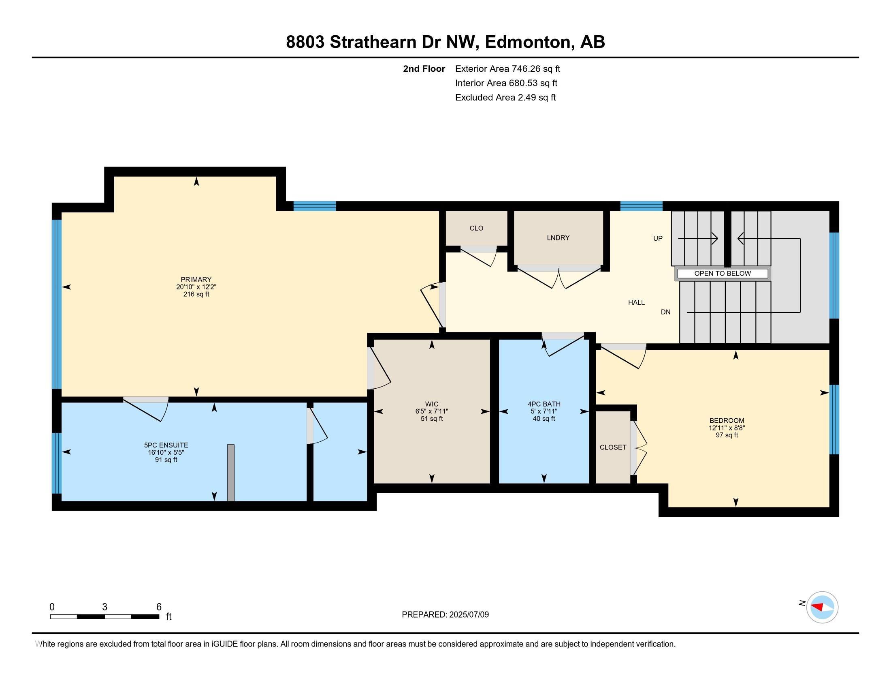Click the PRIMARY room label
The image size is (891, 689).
[196, 280]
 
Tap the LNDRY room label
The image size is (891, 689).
[558, 238]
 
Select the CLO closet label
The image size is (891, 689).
[476, 228]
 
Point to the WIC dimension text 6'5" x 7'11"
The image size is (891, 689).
[432, 411]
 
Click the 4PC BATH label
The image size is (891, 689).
[544, 404]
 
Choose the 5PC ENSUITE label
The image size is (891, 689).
[166, 445]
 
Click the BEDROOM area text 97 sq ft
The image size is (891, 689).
[727, 435]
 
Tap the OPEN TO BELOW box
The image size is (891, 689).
[722, 274]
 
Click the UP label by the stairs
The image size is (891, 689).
[658, 238]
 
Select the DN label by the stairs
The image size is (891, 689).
[665, 312]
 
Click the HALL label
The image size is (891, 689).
[636, 302]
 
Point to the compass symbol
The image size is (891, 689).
[822, 607]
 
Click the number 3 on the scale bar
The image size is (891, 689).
[105, 607]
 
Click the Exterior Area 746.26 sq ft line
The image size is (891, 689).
[507, 69]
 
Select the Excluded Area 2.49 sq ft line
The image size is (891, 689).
[505, 98]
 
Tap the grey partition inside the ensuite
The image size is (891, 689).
[230, 473]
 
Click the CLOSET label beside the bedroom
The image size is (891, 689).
[613, 447]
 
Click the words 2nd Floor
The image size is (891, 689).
[424, 69]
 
